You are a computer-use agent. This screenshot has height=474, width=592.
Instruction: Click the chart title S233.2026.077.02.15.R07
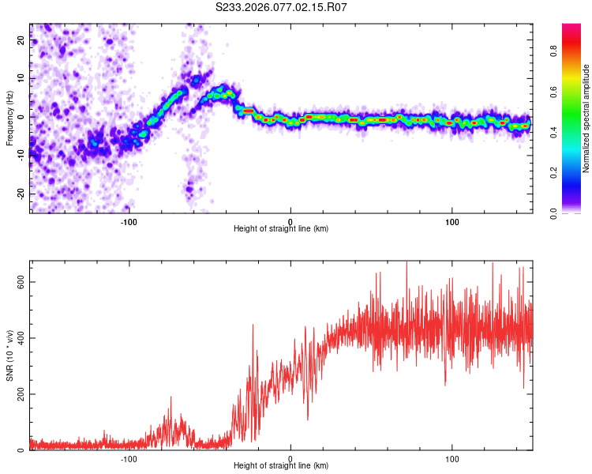tap(282, 7)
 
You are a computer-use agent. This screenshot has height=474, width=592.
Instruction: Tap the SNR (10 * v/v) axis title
tap(9, 355)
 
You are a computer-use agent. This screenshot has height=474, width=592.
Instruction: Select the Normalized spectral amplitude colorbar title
tap(586, 118)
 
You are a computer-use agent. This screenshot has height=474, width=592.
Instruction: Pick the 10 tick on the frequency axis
tap(21, 79)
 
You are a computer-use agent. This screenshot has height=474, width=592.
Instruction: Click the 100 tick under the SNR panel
tap(452, 458)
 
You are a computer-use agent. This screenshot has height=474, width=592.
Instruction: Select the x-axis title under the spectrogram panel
tap(281, 229)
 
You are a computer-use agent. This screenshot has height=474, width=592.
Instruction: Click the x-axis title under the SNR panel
tap(281, 467)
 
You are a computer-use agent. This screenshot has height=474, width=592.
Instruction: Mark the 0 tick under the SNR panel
tap(290, 458)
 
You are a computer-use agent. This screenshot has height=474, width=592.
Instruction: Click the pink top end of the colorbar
tap(571, 28)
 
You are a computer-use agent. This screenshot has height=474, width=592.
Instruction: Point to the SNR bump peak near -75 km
tap(170, 398)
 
